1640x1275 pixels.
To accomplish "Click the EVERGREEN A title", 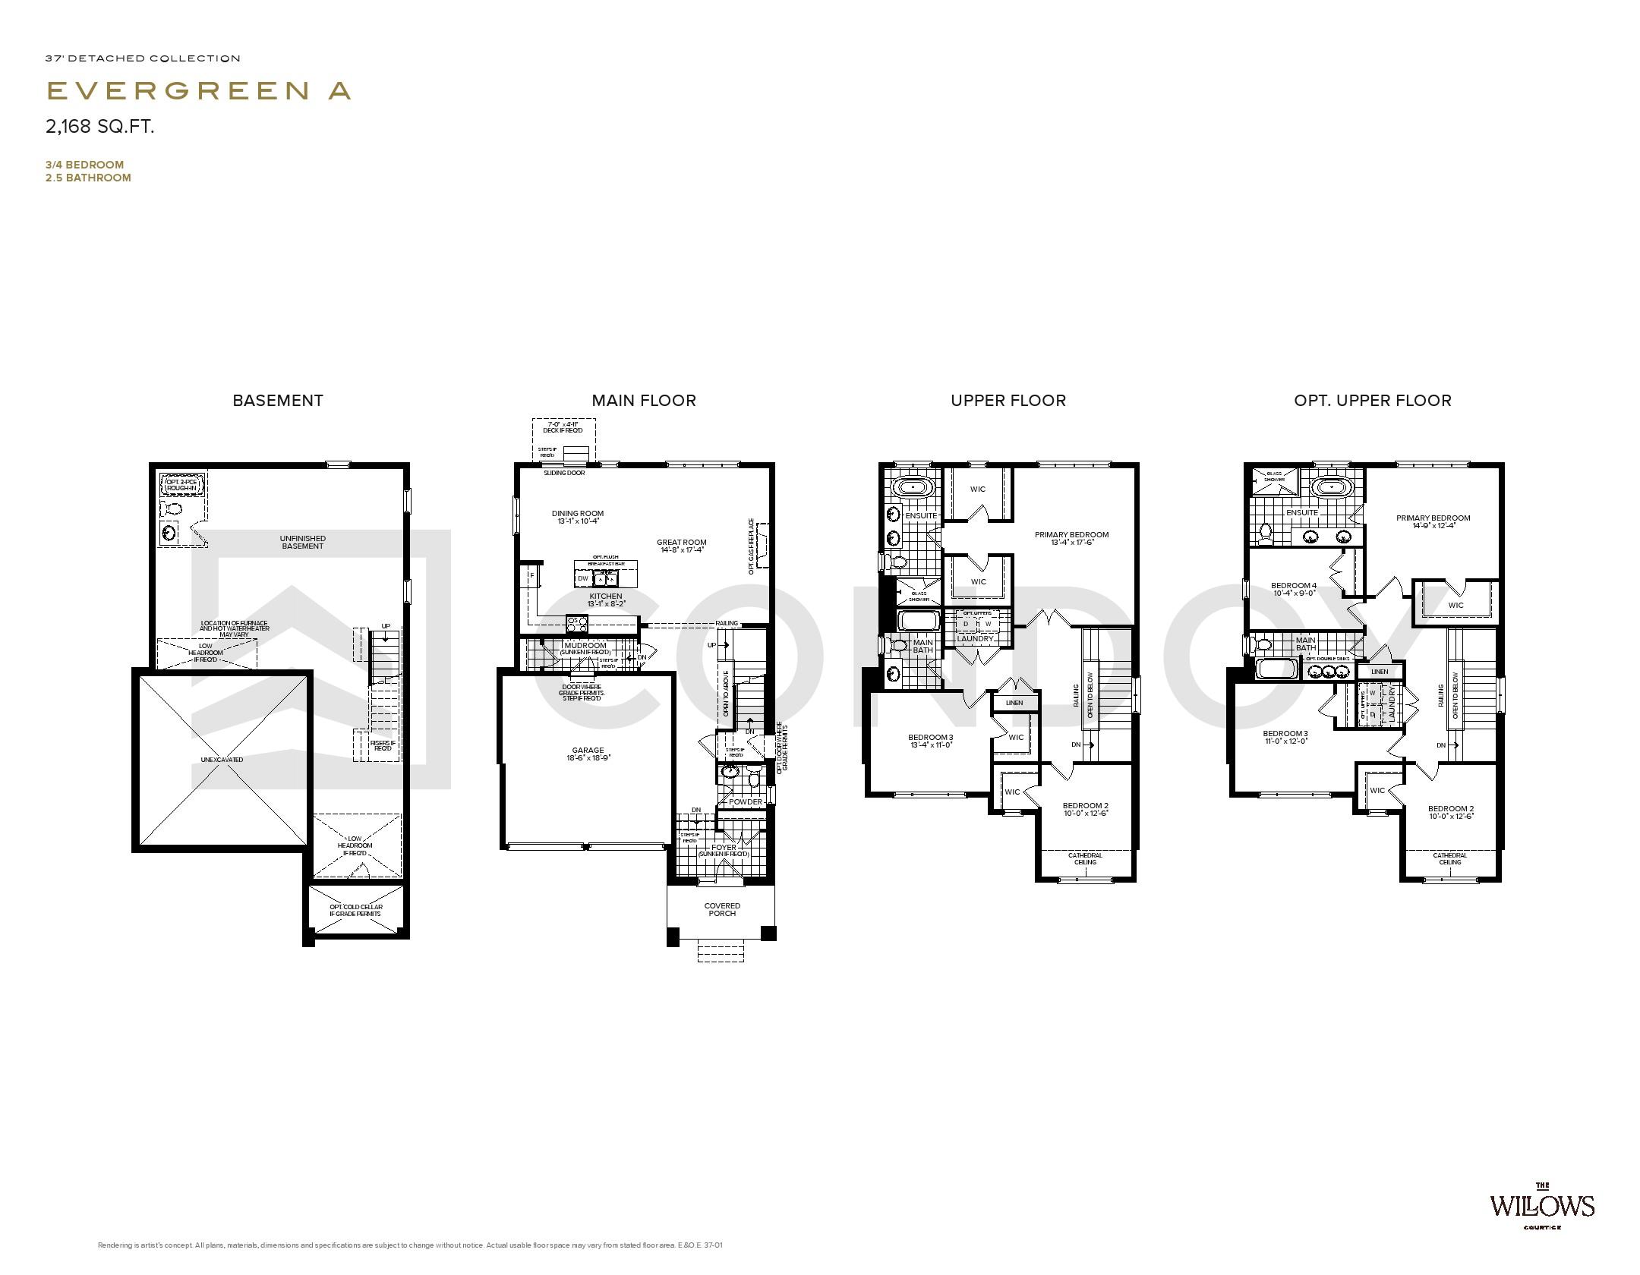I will point(199,91).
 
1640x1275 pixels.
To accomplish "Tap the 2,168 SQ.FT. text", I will point(100,127).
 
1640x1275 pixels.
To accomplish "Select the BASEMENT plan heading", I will point(278,401).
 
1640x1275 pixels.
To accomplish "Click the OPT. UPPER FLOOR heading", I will point(1373,401).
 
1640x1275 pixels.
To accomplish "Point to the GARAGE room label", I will point(588,751).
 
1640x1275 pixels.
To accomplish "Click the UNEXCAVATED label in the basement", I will point(222,760).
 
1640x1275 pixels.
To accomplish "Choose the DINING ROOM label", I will point(578,514).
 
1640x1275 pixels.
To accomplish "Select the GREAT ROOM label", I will point(682,543).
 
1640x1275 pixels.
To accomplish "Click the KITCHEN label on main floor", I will point(605,597).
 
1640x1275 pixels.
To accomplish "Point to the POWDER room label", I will point(746,801).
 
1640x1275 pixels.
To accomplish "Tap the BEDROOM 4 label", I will point(1294,585).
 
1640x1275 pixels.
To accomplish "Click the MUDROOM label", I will point(585,646).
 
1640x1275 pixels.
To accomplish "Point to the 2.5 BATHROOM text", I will point(88,178).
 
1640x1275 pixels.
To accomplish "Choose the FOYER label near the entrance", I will point(724,848).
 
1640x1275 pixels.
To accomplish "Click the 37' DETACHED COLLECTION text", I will point(143,58).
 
